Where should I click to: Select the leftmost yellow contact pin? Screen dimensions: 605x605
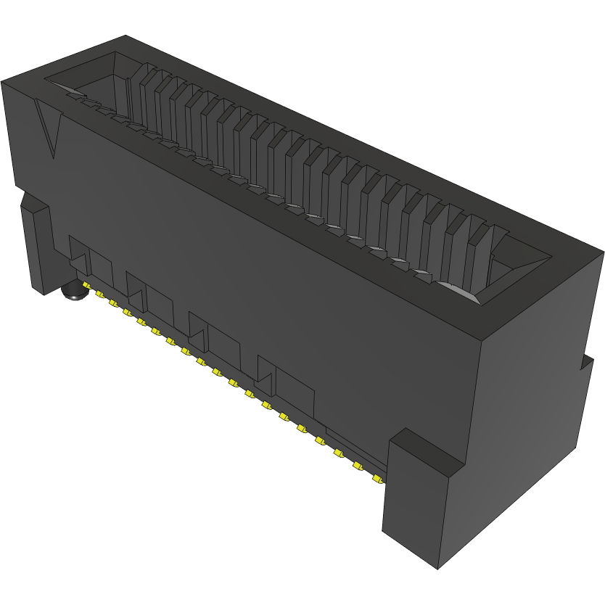point(97,294)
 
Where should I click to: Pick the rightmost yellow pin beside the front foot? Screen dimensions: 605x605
point(376,479)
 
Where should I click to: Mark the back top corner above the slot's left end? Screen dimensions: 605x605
point(125,36)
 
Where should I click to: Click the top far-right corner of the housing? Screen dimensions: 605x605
point(603,252)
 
